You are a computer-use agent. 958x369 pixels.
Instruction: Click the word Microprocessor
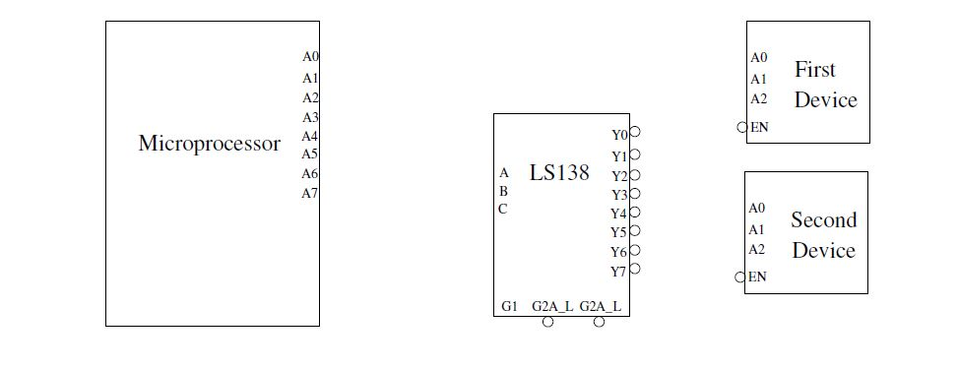point(209,144)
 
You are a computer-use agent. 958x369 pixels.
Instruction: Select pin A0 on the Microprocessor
point(310,58)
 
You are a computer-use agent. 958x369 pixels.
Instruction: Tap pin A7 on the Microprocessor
point(310,193)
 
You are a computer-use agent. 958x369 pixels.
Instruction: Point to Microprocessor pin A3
point(310,117)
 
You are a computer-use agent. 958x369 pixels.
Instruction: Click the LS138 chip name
point(559,173)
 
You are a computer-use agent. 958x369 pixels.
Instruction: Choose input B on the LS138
point(503,191)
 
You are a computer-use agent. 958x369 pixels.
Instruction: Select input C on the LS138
point(503,209)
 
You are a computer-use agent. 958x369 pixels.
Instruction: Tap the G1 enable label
point(509,306)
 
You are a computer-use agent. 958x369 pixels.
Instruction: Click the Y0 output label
point(619,135)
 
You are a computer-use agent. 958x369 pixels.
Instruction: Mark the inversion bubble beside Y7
point(635,269)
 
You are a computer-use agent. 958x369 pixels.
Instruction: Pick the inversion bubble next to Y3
point(635,194)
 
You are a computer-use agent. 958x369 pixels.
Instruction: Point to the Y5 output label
point(618,232)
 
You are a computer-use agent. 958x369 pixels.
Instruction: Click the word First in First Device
point(815,70)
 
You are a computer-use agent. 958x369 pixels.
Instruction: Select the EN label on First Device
point(759,127)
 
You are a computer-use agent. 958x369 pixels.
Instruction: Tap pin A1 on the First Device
point(758,79)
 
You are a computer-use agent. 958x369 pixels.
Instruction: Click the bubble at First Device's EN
point(742,127)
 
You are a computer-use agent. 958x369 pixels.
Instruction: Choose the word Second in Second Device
point(824,220)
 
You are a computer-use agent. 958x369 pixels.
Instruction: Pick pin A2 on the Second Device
point(756,250)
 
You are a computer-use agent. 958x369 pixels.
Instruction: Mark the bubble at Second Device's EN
point(740,277)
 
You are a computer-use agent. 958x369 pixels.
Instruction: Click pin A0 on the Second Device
point(756,209)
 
